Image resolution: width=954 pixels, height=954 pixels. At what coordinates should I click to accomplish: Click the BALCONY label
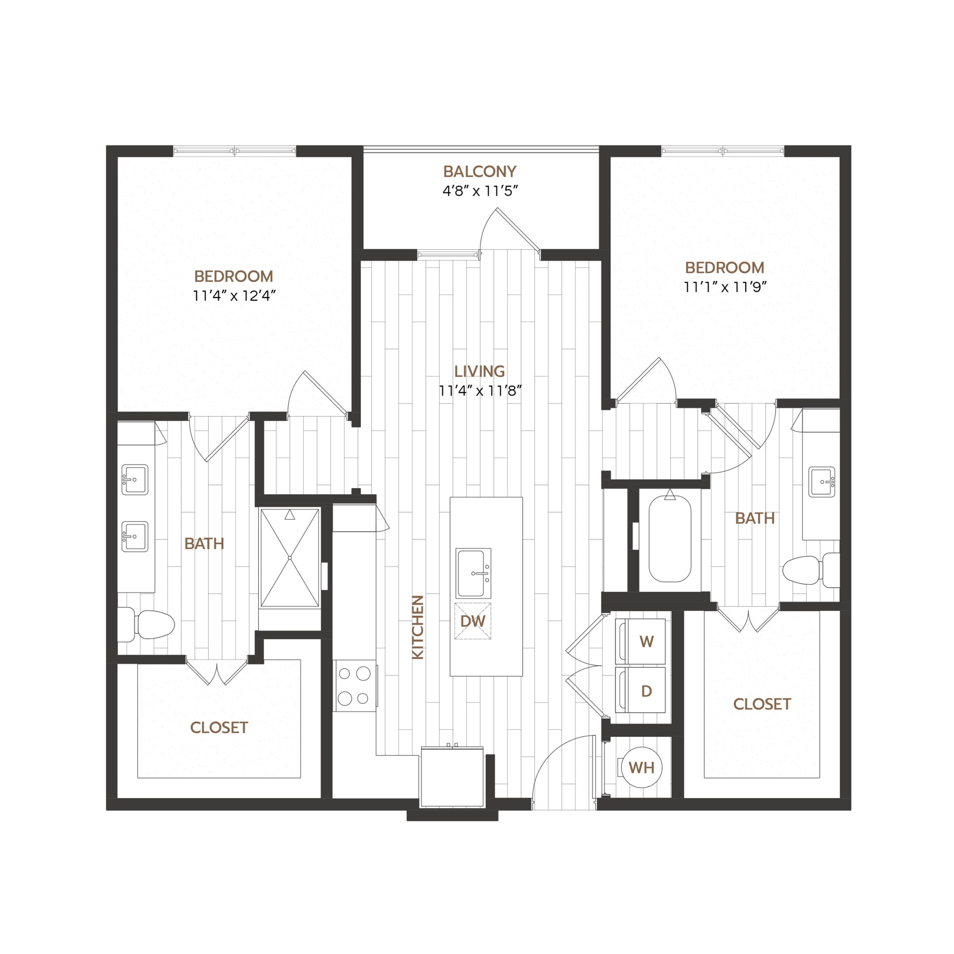pos(479,171)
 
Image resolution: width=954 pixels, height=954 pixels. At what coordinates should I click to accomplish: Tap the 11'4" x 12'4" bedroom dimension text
pos(234,296)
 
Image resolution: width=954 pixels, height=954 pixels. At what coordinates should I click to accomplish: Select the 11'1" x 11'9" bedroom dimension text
pos(725,287)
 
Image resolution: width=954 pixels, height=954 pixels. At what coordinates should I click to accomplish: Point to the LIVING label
pos(479,371)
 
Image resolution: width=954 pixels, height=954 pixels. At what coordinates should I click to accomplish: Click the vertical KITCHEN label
pos(418,627)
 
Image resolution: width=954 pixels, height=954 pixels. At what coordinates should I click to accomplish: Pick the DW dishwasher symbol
pos(472,621)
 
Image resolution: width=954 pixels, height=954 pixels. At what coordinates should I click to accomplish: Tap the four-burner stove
pos(354,686)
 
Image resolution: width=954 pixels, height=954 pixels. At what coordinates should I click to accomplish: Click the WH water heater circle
pos(641,767)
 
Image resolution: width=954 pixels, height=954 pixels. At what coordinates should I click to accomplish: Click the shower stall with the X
pos(290,558)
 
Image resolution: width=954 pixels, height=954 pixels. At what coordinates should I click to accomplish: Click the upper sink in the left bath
pos(135,479)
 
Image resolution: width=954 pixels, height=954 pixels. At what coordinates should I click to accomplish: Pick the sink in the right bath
pos(822,482)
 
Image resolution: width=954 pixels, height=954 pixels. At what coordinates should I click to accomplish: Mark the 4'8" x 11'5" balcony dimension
pos(479,191)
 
